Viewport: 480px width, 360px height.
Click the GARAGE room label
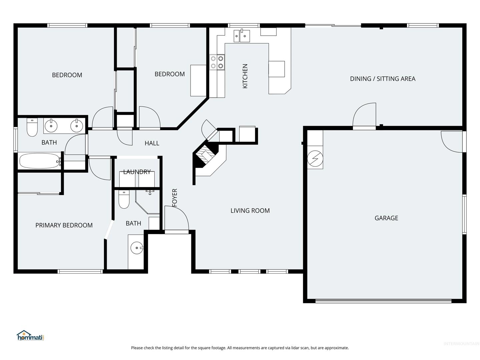[x=386, y=218]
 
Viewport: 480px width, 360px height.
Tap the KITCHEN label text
[x=245, y=76]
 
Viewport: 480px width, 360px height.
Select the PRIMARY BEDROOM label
[x=64, y=225]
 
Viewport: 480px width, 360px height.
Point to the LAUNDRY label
[x=137, y=172]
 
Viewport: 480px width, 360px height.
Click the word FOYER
[x=175, y=198]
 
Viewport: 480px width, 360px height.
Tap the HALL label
[x=152, y=143]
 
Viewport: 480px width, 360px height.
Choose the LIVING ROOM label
[x=250, y=211]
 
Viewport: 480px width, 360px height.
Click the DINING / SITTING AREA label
[x=382, y=79]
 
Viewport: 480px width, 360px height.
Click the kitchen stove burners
[x=217, y=62]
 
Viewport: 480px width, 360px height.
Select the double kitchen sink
[x=242, y=36]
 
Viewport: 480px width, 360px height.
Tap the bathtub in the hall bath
[x=39, y=161]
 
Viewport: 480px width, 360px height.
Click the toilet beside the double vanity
[x=32, y=127]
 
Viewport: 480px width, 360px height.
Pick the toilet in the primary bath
[x=124, y=199]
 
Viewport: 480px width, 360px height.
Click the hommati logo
[x=30, y=336]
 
